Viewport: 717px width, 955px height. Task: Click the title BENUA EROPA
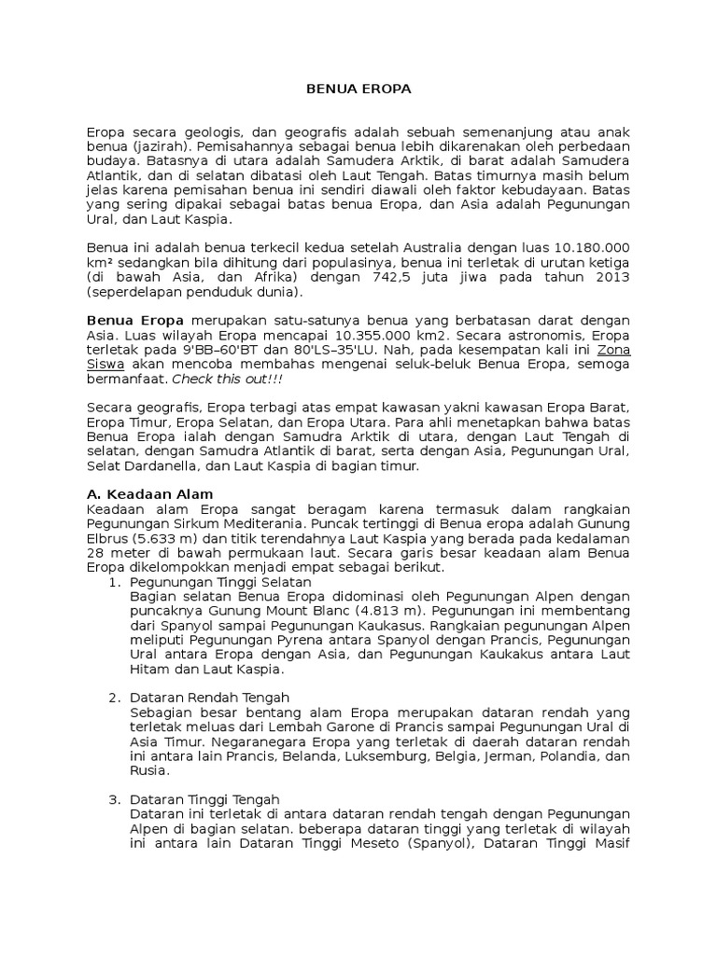(x=358, y=90)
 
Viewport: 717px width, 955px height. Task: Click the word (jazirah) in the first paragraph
(x=156, y=147)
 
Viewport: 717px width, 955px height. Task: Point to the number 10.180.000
(x=592, y=248)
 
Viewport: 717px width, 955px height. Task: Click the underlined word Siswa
(x=105, y=364)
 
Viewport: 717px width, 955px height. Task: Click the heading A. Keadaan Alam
(x=149, y=494)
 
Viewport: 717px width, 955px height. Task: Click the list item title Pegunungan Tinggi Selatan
(x=220, y=581)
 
